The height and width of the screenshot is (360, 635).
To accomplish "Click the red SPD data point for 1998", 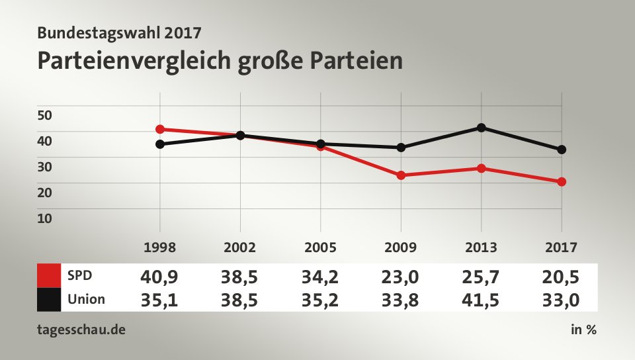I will point(160,129).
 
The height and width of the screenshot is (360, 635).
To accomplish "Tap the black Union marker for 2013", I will point(482,128).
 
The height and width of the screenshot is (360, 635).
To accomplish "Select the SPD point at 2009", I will point(401,175).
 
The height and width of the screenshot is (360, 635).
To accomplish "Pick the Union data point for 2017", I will point(562,150).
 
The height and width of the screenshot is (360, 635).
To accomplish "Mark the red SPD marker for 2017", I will point(562,181).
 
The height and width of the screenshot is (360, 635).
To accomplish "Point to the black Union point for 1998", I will point(160,144).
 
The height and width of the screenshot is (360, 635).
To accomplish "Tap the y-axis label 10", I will point(44,218).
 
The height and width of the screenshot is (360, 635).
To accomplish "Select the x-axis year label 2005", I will point(320,248).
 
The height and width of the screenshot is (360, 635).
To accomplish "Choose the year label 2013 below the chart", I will point(481,248).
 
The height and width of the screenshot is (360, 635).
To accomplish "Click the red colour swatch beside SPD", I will point(49,275).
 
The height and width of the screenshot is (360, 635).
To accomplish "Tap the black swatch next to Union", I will point(49,299).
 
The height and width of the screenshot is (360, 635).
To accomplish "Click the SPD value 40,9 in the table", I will point(159,275).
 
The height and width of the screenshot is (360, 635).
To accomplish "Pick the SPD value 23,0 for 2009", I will point(400,275).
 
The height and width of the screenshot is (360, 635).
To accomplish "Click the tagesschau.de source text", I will point(82,330).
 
